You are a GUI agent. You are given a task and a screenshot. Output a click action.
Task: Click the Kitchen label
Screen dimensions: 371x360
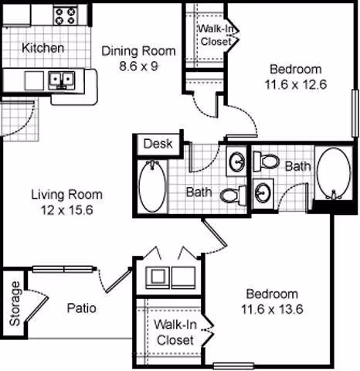pos(43,48)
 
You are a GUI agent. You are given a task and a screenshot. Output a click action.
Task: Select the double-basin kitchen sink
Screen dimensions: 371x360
pos(60,78)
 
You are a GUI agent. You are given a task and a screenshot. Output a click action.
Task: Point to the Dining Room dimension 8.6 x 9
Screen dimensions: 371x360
pos(138,66)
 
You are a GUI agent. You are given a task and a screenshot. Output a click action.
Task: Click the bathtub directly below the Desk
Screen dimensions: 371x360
pos(152,185)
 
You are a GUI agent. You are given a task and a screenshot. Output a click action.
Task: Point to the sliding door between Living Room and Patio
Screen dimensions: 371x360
pos(66,268)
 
